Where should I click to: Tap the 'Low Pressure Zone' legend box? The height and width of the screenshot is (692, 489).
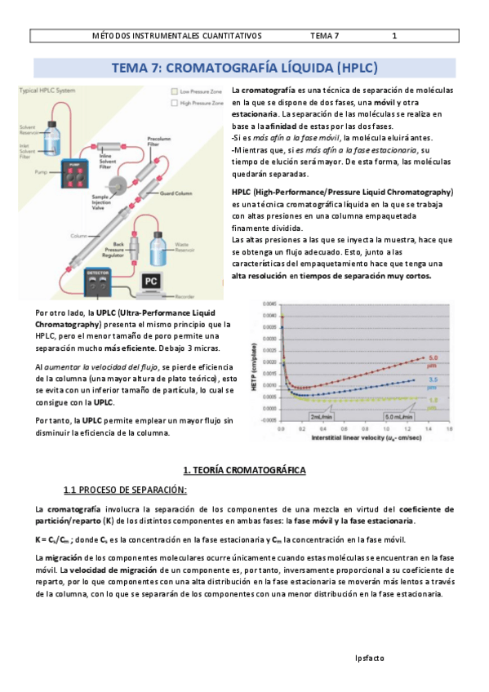(x=174, y=91)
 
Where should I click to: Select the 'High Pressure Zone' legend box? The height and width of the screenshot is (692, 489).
(x=174, y=103)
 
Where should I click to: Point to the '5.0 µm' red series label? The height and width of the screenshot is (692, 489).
(x=434, y=360)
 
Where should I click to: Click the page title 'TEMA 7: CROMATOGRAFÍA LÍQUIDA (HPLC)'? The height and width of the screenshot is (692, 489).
(x=244, y=68)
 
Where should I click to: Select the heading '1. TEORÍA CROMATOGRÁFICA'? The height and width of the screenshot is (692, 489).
(x=244, y=471)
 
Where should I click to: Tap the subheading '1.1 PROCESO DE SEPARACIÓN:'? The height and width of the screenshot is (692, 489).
(x=125, y=490)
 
